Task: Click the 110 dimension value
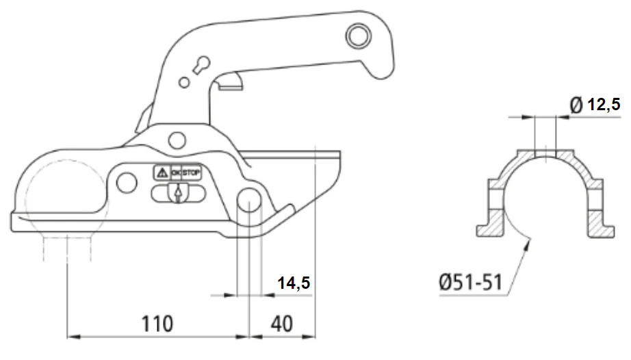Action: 157,324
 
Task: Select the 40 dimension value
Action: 282,324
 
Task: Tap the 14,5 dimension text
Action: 294,283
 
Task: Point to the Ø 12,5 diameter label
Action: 595,105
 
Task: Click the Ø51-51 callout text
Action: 470,282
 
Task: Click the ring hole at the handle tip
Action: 358,36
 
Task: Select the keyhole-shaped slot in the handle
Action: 201,65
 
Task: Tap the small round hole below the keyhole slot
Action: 184,82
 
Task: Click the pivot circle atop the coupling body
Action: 177,140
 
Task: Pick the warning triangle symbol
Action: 162,173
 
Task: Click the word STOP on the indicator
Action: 191,173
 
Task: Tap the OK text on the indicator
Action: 177,173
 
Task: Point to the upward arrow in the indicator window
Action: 177,194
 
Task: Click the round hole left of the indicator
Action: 127,183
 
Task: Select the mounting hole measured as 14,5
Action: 250,200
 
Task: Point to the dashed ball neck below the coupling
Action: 67,249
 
